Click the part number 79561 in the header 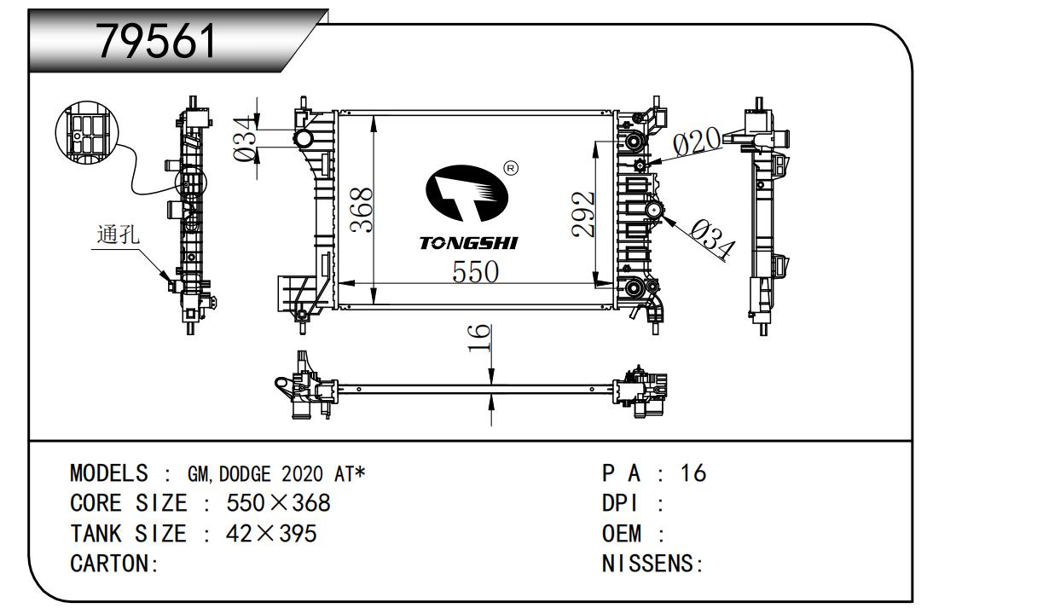point(158,40)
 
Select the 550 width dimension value point(475,272)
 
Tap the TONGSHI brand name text point(468,244)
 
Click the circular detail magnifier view point(86,132)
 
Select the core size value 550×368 point(278,503)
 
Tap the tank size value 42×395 point(270,534)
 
